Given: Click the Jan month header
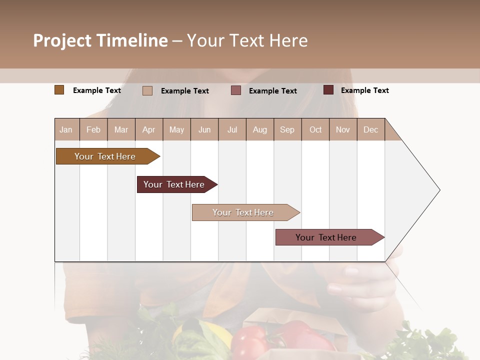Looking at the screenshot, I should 66,129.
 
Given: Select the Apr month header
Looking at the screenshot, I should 148,129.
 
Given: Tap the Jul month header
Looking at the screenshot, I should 232,129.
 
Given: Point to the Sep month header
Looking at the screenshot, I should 287,129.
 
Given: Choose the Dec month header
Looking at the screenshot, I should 370,129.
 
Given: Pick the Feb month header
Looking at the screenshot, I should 93,129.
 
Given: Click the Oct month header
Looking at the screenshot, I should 315,129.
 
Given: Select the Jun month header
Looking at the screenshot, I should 204,129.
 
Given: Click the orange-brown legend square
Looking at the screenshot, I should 59,90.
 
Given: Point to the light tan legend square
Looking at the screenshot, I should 147,90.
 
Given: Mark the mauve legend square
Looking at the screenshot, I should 236,90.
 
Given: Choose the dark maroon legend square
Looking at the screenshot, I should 328,90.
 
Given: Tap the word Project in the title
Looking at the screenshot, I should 62,40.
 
